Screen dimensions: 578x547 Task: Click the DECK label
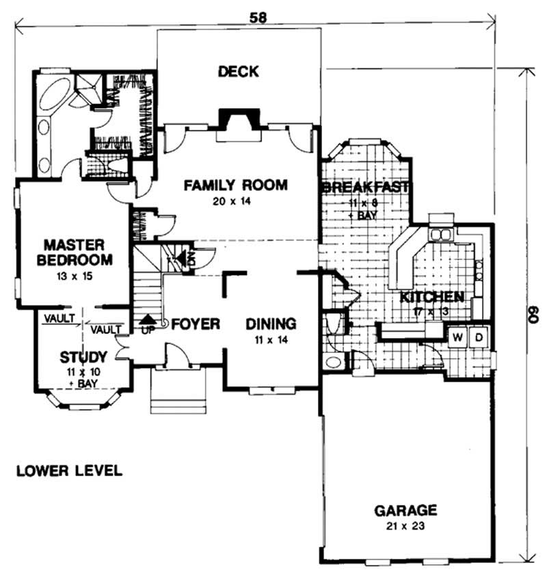pos(239,71)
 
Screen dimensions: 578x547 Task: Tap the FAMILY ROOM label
pos(235,185)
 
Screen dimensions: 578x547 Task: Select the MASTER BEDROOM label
pos(73,252)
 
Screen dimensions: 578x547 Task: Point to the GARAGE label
pos(405,510)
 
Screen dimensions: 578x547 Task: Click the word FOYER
pos(196,324)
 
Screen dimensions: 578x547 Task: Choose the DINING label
pos(271,324)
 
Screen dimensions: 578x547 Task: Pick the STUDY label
pos(83,356)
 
